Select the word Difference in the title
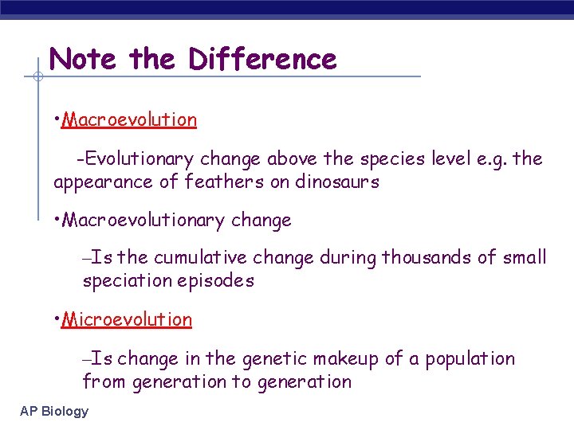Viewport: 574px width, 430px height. (262, 59)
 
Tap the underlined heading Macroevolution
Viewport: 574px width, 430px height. (129, 120)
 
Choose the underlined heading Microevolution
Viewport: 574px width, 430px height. (127, 320)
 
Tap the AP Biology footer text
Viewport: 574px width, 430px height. (54, 412)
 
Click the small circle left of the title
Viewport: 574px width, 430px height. (37, 77)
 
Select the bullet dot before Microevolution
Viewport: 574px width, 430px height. (57, 319)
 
